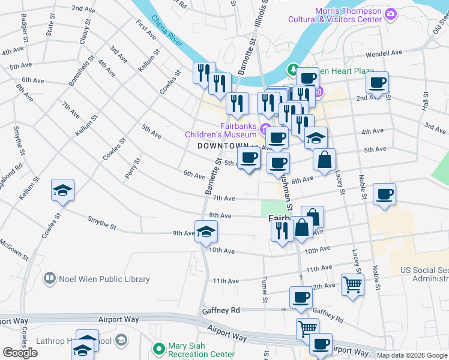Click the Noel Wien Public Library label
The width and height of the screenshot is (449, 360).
tap(104, 279)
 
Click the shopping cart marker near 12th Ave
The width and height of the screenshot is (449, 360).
tap(352, 284)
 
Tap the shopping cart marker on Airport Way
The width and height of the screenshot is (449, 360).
tap(307, 328)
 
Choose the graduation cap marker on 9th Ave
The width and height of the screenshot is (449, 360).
tap(205, 232)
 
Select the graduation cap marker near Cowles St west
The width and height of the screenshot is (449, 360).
tap(62, 190)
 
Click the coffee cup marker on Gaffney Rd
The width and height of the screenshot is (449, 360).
tap(301, 296)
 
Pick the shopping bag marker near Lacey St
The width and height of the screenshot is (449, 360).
tap(324, 160)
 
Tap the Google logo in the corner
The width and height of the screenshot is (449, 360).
tap(20, 353)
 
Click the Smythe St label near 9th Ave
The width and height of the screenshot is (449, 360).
tap(101, 224)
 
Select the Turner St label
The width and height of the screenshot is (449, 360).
tap(265, 290)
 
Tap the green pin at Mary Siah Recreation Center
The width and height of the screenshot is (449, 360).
tap(158, 347)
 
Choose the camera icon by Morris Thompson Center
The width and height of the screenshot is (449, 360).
tap(391, 13)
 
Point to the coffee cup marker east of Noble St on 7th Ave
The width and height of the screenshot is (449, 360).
tap(384, 194)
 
